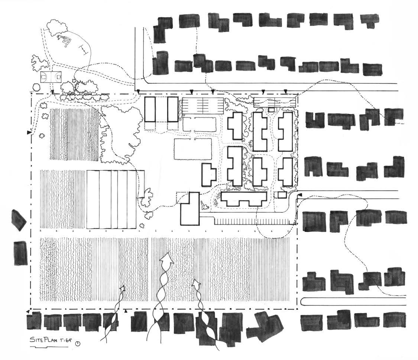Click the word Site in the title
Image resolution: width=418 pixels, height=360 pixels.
point(36,340)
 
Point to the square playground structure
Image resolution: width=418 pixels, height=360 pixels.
point(67,42)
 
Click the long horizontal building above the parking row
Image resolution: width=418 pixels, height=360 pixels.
point(244,199)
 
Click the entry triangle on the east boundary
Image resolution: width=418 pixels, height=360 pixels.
point(300,195)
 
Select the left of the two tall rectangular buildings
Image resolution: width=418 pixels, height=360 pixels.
point(150,109)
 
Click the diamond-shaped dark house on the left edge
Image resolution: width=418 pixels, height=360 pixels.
point(19,220)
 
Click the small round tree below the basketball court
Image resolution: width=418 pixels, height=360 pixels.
point(36,88)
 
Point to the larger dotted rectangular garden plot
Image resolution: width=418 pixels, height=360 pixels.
point(193,149)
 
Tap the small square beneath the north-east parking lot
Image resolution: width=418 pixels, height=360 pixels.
point(271,110)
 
